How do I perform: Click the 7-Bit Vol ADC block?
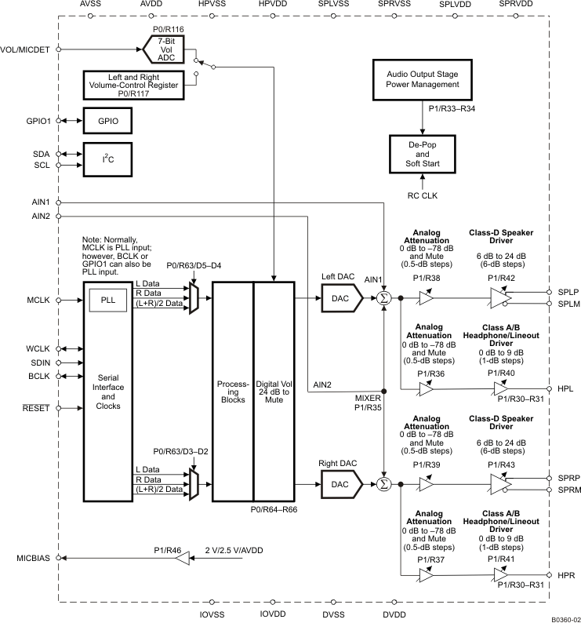coord(168,49)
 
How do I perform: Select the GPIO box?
coord(107,122)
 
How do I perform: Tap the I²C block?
coord(107,159)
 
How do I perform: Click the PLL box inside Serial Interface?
coord(107,300)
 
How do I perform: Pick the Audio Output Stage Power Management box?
coord(423,78)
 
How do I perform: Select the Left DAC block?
coord(342,298)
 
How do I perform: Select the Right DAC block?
coord(342,485)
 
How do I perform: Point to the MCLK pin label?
coord(38,300)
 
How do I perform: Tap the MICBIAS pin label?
coord(34,558)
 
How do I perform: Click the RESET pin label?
coord(36,408)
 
